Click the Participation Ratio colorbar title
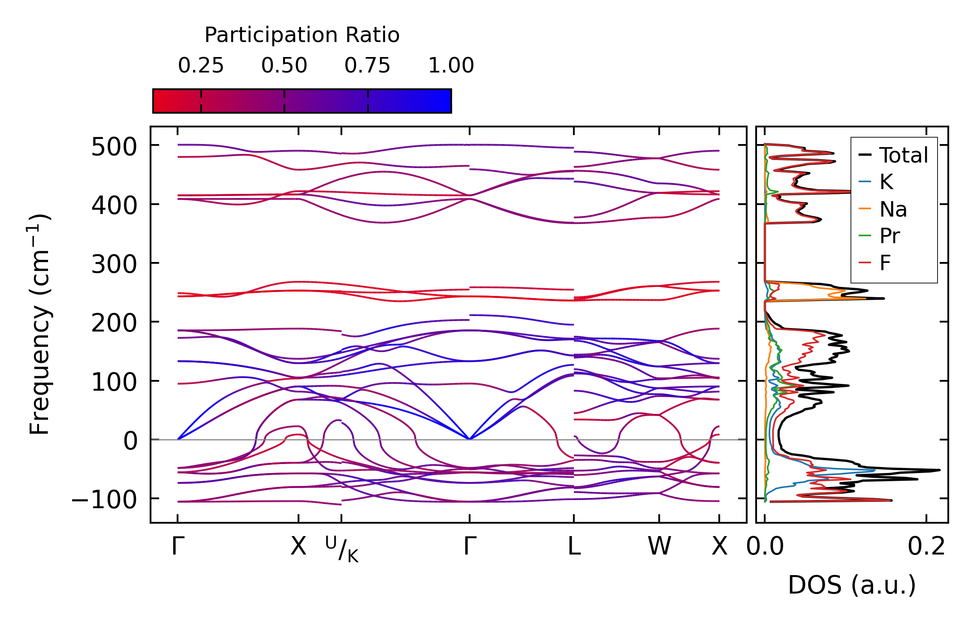pyautogui.click(x=302, y=35)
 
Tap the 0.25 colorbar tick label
pyautogui.click(x=201, y=66)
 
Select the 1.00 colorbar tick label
pyautogui.click(x=451, y=66)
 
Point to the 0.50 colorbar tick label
pyautogui.click(x=284, y=66)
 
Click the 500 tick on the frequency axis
pyautogui.click(x=114, y=147)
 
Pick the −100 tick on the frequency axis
pyautogui.click(x=104, y=500)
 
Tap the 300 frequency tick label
pyautogui.click(x=114, y=265)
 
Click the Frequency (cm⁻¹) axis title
pyautogui.click(x=39, y=324)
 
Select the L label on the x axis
pyautogui.click(x=574, y=547)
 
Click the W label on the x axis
pyautogui.click(x=659, y=547)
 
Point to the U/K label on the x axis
pyautogui.click(x=342, y=549)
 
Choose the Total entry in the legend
pyautogui.click(x=903, y=155)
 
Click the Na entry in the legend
pyautogui.click(x=893, y=209)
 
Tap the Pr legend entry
pyautogui.click(x=890, y=236)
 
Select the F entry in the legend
pyautogui.click(x=885, y=263)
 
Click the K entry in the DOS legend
pyautogui.click(x=886, y=182)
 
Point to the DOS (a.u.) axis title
pyautogui.click(x=852, y=585)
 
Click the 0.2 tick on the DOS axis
pyautogui.click(x=926, y=547)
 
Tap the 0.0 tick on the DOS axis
pyautogui.click(x=765, y=547)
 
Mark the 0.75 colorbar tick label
pyautogui.click(x=367, y=66)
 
